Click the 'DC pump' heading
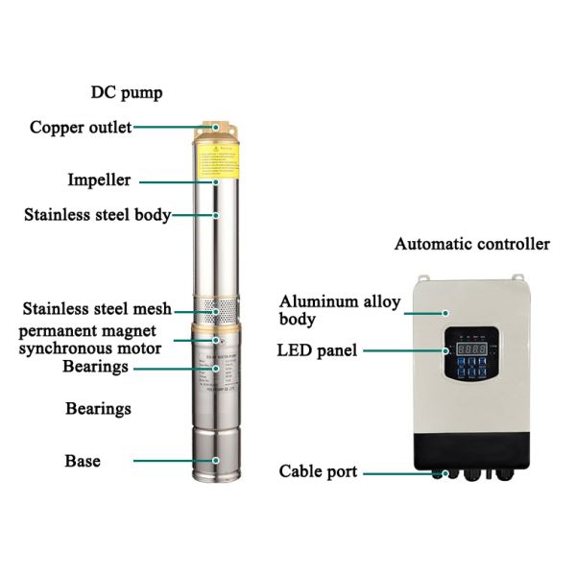(127, 93)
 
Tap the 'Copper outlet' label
(81, 127)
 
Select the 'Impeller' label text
(99, 180)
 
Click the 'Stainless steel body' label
(97, 215)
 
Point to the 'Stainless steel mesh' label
(97, 308)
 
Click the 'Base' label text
(83, 461)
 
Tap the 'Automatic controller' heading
(472, 244)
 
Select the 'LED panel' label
(317, 350)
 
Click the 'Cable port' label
(318, 471)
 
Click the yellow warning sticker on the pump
(217, 160)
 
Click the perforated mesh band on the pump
(217, 310)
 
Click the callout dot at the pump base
(217, 461)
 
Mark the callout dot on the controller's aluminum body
(444, 312)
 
